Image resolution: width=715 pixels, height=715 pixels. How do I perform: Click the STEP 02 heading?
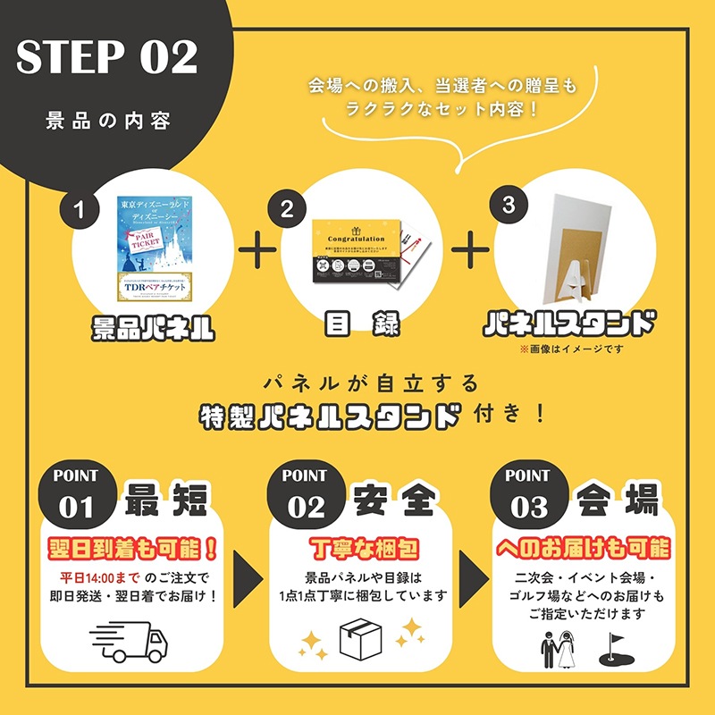pos(106,58)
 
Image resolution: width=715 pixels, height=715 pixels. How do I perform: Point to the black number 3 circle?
pos(509,205)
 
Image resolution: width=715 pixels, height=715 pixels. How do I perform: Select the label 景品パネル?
pos(154,327)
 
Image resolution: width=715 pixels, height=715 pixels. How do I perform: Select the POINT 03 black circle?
pos(527,493)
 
